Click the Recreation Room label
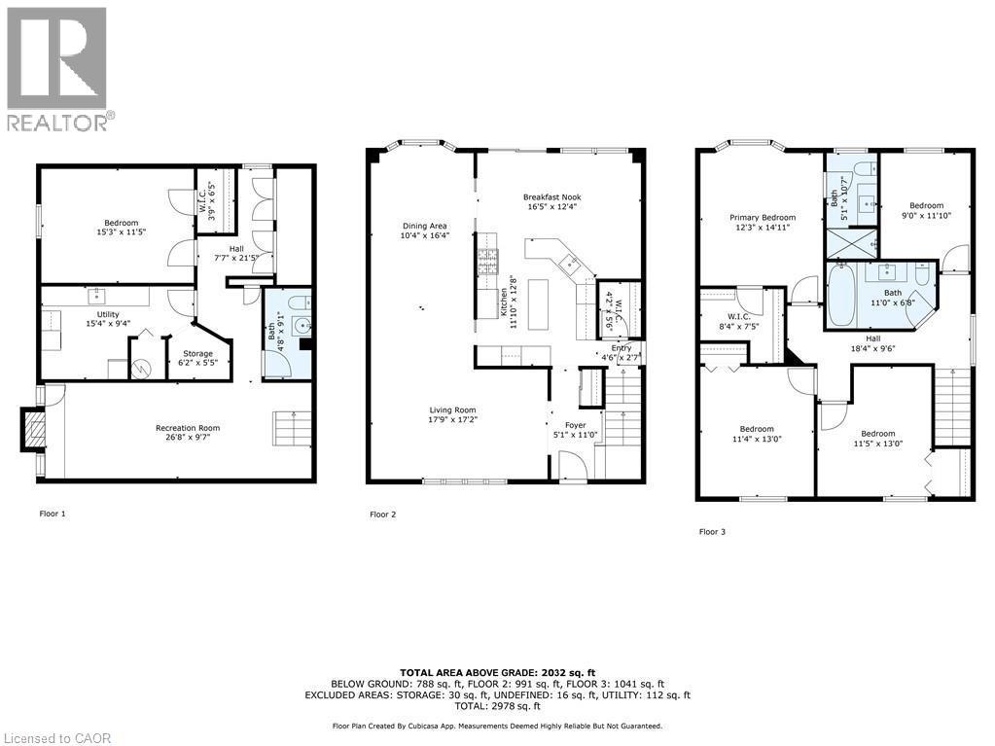pyautogui.click(x=188, y=428)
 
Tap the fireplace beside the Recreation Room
pyautogui.click(x=34, y=430)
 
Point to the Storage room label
pyautogui.click(x=198, y=354)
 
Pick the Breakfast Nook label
pyautogui.click(x=552, y=197)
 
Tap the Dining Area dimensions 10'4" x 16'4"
pyautogui.click(x=424, y=235)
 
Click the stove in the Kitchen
pyautogui.click(x=488, y=262)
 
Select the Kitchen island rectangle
pyautogui.click(x=538, y=304)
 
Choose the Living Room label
pyautogui.click(x=452, y=410)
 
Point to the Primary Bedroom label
pyautogui.click(x=763, y=218)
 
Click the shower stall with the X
pyautogui.click(x=852, y=242)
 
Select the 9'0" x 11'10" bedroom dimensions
pyautogui.click(x=927, y=215)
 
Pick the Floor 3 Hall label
pyautogui.click(x=873, y=338)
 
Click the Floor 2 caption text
pyautogui.click(x=382, y=515)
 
